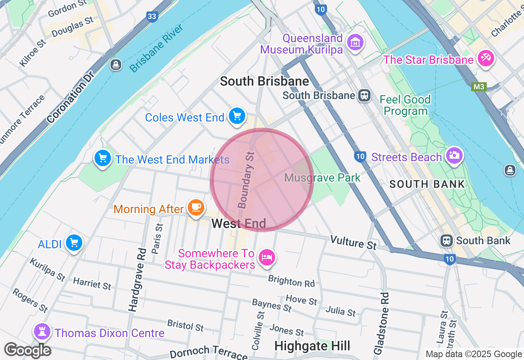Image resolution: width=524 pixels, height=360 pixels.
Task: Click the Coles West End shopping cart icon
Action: (237, 116)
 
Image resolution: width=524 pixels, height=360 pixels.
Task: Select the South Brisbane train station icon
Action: (364, 95)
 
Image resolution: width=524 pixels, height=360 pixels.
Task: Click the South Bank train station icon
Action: (447, 241)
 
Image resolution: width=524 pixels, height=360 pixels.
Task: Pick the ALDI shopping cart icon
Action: (74, 243)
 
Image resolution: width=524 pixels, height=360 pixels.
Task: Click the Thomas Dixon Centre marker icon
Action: (42, 331)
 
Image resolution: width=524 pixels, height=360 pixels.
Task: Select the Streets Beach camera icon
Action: (454, 155)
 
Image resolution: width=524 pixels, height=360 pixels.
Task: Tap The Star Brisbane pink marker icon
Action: (486, 58)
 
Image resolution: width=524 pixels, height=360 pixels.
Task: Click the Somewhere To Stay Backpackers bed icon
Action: (267, 257)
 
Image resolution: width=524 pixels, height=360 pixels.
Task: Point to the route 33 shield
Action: (152, 17)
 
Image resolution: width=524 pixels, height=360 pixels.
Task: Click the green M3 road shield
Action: (478, 87)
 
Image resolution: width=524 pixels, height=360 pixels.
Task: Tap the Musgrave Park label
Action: (322, 178)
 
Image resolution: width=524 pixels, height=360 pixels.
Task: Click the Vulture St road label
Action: (353, 242)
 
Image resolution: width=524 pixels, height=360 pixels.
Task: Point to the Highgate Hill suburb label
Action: (312, 346)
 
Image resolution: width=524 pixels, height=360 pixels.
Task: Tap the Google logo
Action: (28, 350)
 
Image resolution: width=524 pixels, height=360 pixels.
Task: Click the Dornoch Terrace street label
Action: (208, 352)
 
